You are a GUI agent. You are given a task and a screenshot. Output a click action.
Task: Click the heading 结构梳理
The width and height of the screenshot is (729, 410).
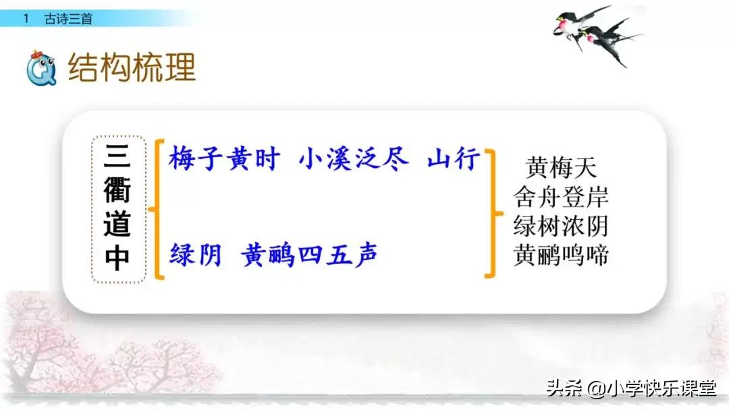pos(132,67)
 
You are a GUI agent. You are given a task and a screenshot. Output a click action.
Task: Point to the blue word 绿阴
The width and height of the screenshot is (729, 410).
pos(196,255)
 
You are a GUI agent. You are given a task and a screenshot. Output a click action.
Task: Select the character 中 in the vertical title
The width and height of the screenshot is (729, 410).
pos(117,257)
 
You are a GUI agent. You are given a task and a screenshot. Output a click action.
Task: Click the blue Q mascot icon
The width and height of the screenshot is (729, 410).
pos(41,68)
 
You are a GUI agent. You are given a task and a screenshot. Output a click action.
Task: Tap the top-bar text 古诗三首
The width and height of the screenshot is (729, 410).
pos(68,20)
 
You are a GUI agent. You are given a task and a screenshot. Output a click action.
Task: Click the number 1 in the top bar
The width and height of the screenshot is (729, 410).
pos(26,20)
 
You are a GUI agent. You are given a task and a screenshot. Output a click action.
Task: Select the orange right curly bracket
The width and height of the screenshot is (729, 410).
pos(491,213)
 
